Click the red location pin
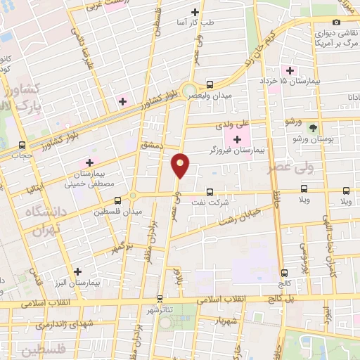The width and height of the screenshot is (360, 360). (181, 165)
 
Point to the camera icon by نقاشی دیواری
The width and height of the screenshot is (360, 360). (336, 22)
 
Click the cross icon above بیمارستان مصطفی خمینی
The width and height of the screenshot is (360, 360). (89, 162)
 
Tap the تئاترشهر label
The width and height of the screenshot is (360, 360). (160, 309)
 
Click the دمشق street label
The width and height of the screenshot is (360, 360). (150, 143)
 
